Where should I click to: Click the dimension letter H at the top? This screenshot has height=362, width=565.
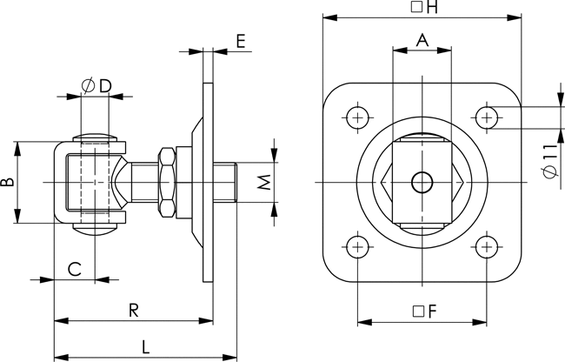pyautogui.click(x=432, y=7)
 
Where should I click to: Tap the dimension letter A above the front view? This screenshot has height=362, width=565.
pyautogui.click(x=422, y=40)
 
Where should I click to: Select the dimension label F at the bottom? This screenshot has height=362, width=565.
pyautogui.click(x=432, y=311)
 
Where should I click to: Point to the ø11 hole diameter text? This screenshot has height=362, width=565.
pyautogui.click(x=551, y=161)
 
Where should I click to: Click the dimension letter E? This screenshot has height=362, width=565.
pyautogui.click(x=241, y=41)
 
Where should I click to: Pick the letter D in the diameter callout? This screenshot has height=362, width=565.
pyautogui.click(x=105, y=86)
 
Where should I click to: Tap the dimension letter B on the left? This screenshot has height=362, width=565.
pyautogui.click(x=7, y=182)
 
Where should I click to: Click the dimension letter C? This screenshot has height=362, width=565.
pyautogui.click(x=75, y=270)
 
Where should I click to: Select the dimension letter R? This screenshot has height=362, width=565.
pyautogui.click(x=134, y=310)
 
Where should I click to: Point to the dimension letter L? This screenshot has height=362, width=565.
pyautogui.click(x=145, y=347)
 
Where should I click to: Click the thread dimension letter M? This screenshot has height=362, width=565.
pyautogui.click(x=264, y=183)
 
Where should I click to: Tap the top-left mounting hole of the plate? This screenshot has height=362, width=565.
pyautogui.click(x=357, y=117)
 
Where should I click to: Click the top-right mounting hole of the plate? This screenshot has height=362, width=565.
pyautogui.click(x=487, y=117)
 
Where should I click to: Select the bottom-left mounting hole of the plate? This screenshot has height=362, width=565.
pyautogui.click(x=357, y=247)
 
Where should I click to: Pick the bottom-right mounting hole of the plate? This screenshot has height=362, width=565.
pyautogui.click(x=487, y=247)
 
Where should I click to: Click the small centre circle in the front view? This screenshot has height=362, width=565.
pyautogui.click(x=422, y=183)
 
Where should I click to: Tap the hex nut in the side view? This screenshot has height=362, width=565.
pyautogui.click(x=167, y=183)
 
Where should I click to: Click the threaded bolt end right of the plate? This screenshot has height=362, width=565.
pyautogui.click(x=224, y=183)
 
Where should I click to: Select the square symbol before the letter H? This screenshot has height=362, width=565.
pyautogui.click(x=416, y=7)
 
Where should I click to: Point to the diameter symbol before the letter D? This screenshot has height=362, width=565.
pyautogui.click(x=89, y=86)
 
